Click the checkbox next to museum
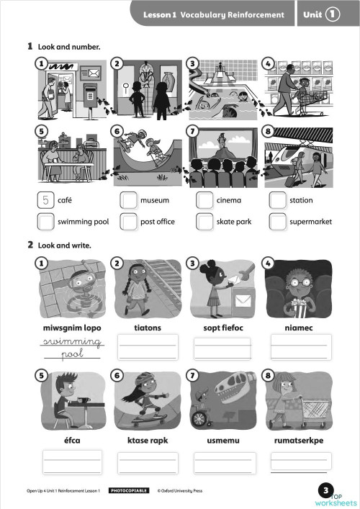click(129, 201)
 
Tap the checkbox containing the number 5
click(46, 201)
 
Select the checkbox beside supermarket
click(278, 222)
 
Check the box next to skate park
click(205, 222)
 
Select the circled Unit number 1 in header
click(332, 14)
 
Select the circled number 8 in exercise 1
click(269, 132)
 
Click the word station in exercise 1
click(301, 201)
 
